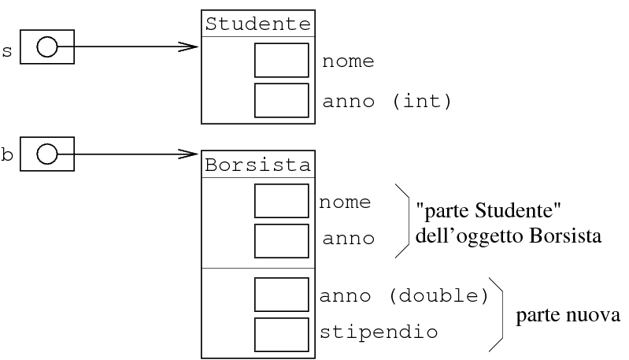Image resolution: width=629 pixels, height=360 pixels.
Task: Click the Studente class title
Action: coord(257,24)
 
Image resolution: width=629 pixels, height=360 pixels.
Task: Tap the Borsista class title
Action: coord(257,165)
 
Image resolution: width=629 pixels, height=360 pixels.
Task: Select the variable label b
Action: coord(7,155)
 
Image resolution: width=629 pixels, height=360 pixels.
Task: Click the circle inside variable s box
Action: coord(47,47)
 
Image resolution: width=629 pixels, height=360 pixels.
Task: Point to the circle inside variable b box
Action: coord(47,153)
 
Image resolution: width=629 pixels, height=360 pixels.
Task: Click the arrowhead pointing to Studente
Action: coord(188,47)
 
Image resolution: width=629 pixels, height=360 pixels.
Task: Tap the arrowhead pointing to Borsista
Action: coord(188,153)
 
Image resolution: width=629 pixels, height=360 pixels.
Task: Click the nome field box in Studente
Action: coord(281,61)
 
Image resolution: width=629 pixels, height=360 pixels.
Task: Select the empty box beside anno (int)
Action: coord(281,100)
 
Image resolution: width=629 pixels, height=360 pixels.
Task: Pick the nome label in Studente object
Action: coord(346,61)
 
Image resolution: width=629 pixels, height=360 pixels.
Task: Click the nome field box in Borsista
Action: coord(281,201)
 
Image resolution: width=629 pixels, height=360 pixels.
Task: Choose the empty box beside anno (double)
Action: coord(281,295)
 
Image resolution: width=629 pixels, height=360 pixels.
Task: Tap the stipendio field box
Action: coord(281,332)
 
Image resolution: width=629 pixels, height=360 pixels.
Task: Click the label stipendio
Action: coord(378,332)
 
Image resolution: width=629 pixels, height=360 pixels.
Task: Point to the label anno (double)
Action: coord(404,295)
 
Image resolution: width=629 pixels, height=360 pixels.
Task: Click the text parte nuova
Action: coord(568,316)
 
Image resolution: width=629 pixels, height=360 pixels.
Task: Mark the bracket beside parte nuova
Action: coord(498,314)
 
